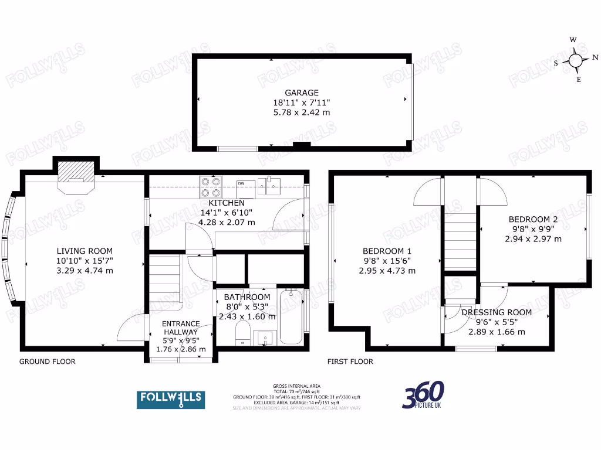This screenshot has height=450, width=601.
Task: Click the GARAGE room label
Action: [302, 93]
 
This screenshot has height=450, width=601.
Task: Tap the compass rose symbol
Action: [576, 60]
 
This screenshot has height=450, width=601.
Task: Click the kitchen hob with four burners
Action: [211, 186]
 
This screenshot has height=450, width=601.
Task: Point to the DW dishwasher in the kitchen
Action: [245, 188]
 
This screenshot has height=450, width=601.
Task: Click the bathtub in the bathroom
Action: [291, 316]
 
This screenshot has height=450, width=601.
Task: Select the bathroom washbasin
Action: [264, 337]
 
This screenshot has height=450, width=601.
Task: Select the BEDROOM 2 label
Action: [533, 219]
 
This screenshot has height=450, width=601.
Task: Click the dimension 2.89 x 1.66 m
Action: [496, 332]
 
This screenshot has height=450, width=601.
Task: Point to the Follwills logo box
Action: [171, 400]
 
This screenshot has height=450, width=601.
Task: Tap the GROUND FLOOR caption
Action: [48, 362]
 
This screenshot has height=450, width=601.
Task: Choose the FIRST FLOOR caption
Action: [350, 362]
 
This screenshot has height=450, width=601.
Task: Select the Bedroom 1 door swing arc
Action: [427, 193]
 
